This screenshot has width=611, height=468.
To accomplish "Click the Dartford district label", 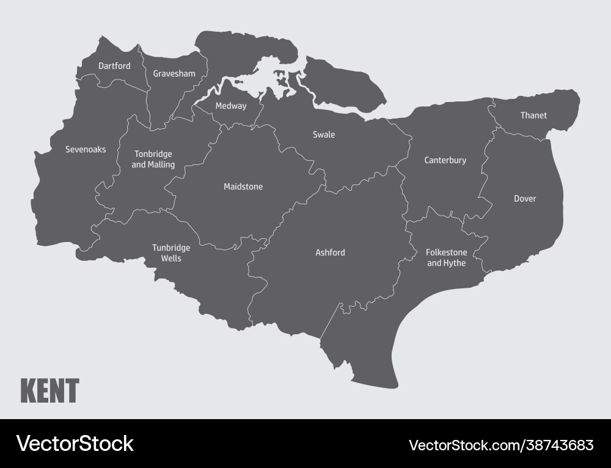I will [114, 66].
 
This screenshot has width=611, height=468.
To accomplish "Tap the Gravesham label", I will [174, 74].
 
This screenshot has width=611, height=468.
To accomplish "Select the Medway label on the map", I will [231, 106].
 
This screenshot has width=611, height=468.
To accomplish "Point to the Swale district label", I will [324, 134].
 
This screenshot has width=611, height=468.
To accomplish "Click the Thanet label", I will [533, 115].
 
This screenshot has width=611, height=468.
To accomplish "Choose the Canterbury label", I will [445, 160].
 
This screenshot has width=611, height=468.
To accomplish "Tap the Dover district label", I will [525, 199].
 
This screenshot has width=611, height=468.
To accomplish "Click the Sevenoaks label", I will [86, 149].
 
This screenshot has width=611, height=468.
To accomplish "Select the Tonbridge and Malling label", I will [153, 159].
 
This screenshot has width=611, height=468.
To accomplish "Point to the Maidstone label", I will [243, 186].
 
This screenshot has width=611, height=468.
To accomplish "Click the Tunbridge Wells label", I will [171, 253].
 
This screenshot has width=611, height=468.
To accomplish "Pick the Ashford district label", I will [330, 252].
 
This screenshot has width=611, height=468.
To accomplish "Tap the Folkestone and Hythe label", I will [447, 258].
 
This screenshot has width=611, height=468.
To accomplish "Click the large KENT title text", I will [50, 391].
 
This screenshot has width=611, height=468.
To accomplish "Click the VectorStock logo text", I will [75, 444].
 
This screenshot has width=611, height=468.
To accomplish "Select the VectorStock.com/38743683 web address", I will [501, 444].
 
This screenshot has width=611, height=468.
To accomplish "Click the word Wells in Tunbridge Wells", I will [171, 258].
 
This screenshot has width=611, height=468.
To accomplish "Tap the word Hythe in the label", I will [455, 263].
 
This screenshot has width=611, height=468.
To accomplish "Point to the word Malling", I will [161, 165].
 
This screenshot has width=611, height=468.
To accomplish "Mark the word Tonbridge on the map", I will [153, 154].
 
